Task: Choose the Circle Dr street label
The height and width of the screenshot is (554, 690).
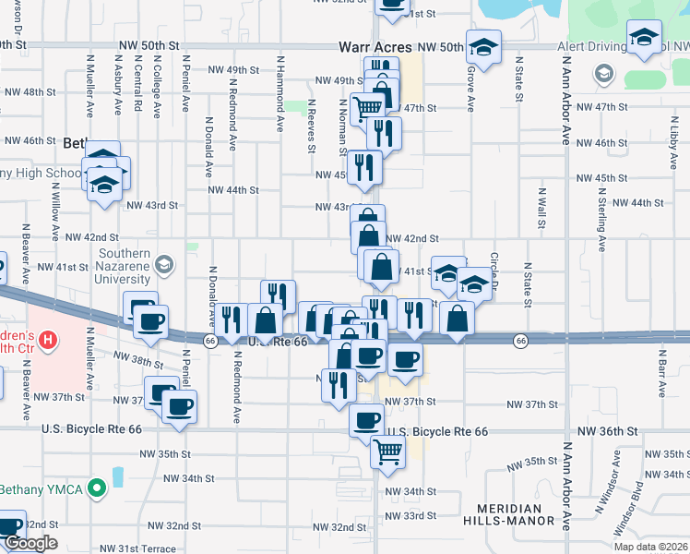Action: pyautogui.click(x=494, y=273)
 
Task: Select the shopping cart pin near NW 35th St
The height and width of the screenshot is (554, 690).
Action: pyautogui.click(x=388, y=452)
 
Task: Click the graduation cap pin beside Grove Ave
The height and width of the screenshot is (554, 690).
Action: pyautogui.click(x=482, y=46)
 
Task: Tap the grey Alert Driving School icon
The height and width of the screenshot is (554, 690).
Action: pyautogui.click(x=604, y=73)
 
